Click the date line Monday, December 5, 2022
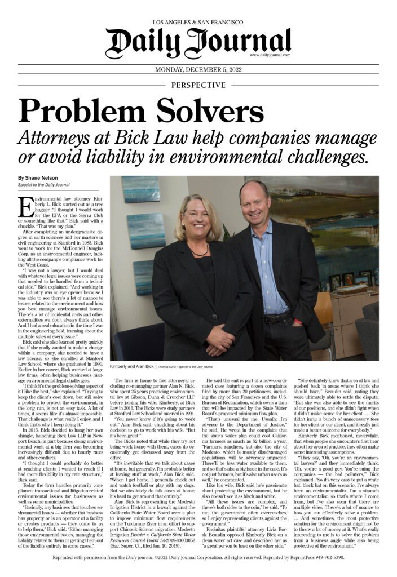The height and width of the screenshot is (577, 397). click(x=198, y=72)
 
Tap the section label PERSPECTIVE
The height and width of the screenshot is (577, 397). click(x=198, y=85)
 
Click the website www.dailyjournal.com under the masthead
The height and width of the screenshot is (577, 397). click(x=269, y=55)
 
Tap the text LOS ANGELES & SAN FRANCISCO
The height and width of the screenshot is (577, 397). click(x=198, y=22)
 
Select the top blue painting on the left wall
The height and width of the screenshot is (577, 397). click(x=140, y=190)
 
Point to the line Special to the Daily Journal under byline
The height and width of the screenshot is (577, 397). click(x=43, y=185)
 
